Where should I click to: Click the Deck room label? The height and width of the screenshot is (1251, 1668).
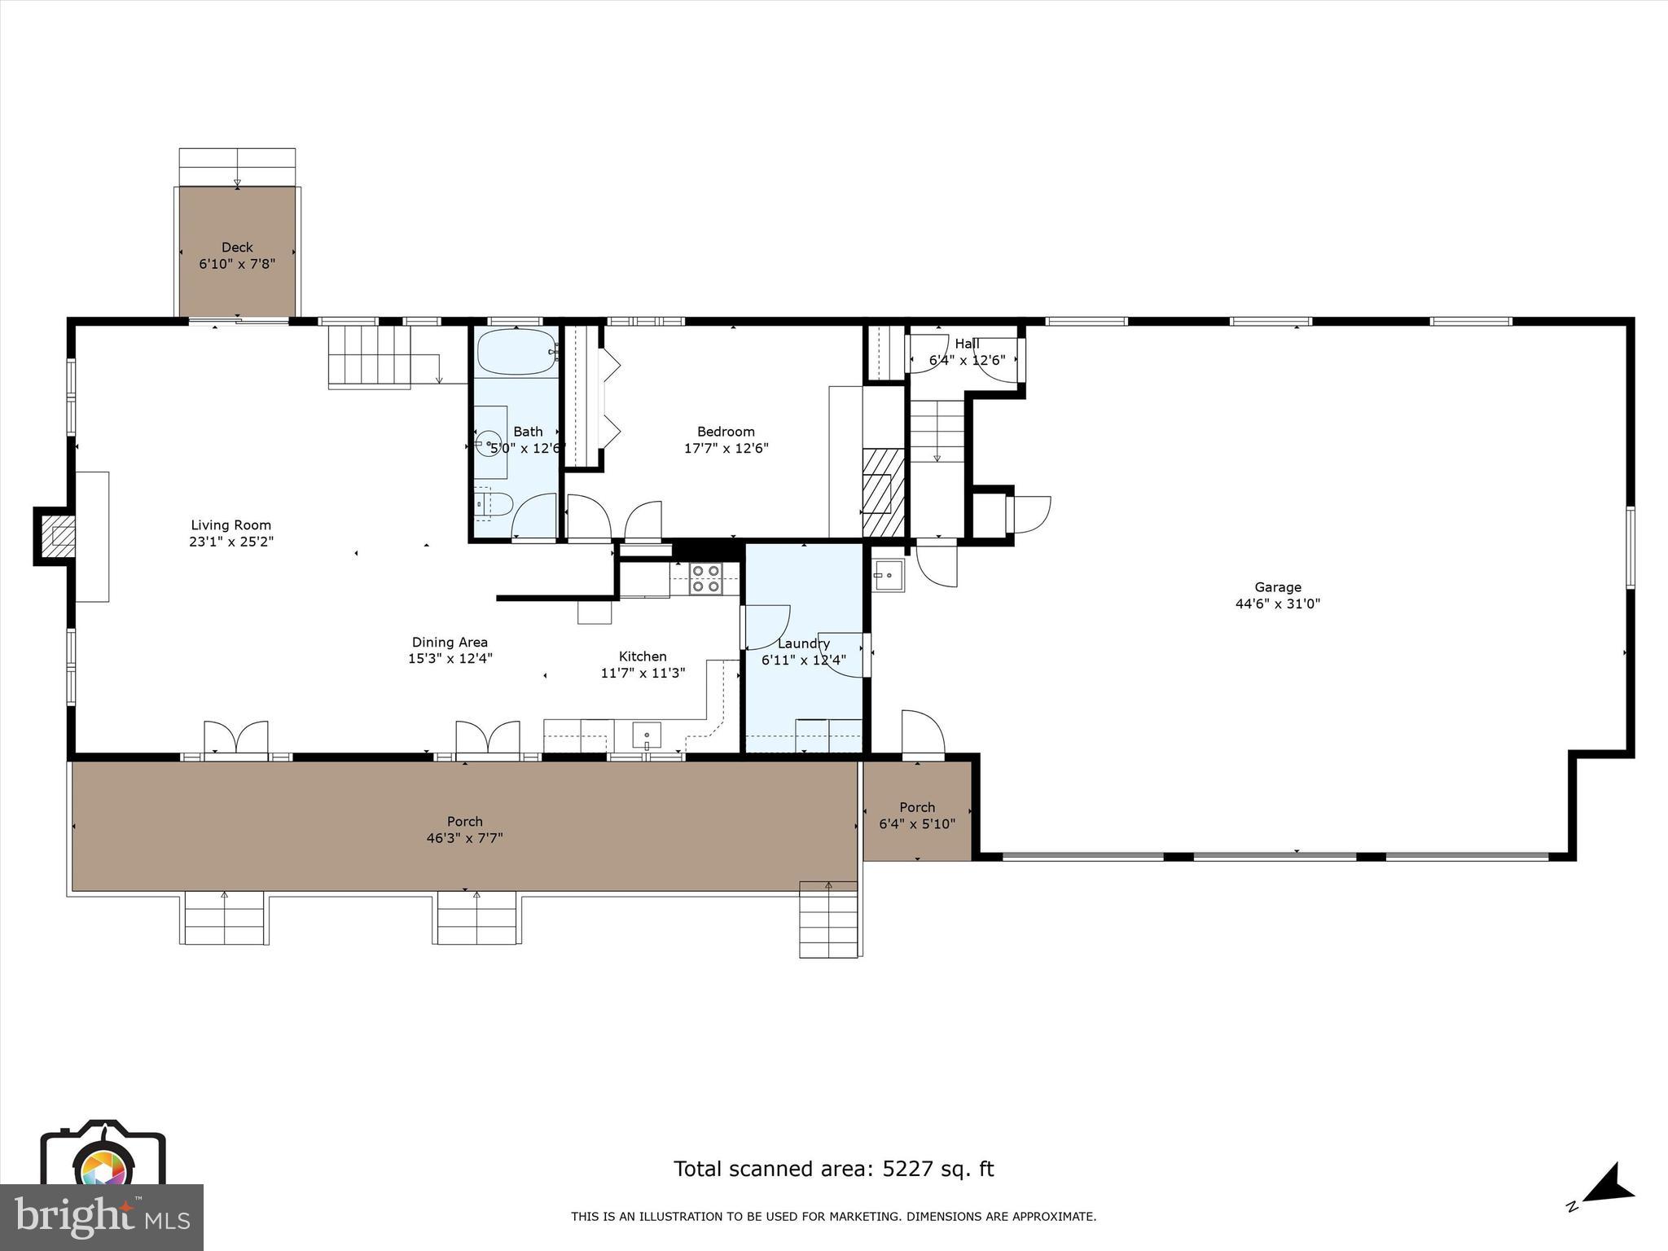237,248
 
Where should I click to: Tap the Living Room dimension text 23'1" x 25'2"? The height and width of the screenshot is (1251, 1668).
231,542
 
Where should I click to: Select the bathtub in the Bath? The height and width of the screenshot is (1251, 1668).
516,353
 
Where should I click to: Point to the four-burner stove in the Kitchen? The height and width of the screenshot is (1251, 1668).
705,578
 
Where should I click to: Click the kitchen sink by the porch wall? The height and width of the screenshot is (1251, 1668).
647,735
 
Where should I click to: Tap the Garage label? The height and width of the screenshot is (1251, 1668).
1277,587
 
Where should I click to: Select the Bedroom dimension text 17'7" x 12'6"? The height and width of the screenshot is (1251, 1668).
726,448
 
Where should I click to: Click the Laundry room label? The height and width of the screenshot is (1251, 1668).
803,643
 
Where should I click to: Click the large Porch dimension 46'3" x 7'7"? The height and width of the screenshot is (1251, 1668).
464,838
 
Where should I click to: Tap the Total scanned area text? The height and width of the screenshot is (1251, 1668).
833,1169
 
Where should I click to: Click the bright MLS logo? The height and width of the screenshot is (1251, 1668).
102,1217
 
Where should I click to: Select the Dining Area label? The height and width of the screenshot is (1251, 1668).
450,643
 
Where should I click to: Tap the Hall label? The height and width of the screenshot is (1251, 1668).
967,344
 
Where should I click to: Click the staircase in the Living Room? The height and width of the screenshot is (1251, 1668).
369,357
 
